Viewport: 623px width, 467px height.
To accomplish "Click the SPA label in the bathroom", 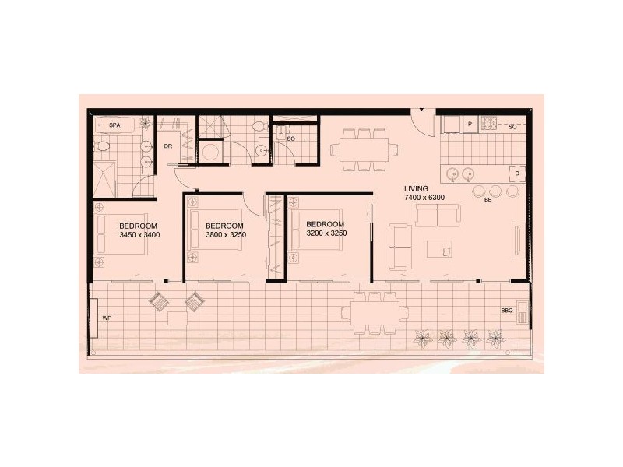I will [114, 125].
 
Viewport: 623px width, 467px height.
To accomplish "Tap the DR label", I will [167, 146].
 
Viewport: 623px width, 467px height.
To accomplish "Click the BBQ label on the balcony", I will [507, 311].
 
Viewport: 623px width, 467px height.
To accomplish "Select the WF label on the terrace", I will [107, 318].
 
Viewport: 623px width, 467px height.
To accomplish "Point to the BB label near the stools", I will [487, 201].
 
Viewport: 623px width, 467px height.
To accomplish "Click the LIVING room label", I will [417, 189].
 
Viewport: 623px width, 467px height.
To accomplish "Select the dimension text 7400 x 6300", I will [424, 198].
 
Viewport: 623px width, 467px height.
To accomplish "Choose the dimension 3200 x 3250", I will [326, 233].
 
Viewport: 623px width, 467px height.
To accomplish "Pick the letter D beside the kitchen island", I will [516, 173].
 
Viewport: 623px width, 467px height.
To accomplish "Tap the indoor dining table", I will [358, 148].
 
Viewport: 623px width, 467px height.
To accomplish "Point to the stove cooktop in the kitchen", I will [491, 123].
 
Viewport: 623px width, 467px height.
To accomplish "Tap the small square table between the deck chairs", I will [177, 317].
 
